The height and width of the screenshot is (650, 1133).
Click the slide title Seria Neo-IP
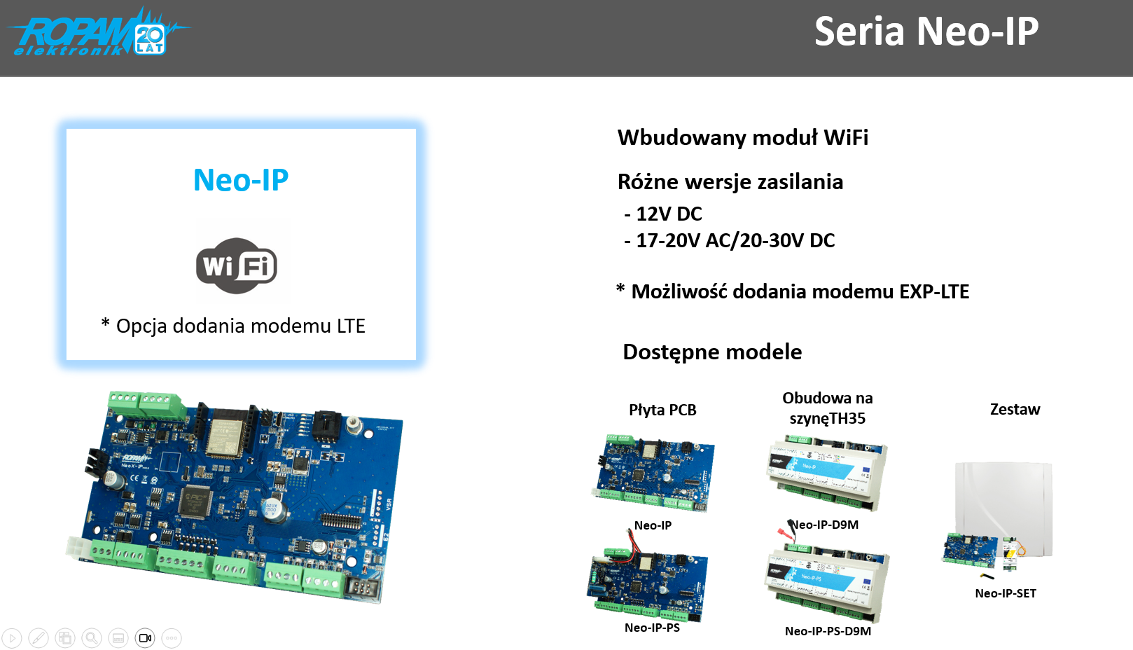(926, 32)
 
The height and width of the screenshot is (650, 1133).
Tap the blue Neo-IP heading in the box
(241, 181)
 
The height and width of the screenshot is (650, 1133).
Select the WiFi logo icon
(237, 265)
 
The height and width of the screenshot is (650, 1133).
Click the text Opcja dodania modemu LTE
(240, 326)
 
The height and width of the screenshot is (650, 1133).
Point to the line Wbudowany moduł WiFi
(742, 138)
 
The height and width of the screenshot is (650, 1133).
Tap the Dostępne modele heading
(712, 352)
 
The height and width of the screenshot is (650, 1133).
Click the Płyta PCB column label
(662, 410)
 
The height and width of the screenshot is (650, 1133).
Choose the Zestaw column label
(1015, 410)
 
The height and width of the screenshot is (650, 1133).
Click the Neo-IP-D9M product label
(825, 525)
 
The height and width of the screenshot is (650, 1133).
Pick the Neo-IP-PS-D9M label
(828, 631)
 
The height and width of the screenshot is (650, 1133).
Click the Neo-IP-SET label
(1006, 594)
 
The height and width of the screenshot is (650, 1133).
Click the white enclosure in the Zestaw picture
(1004, 504)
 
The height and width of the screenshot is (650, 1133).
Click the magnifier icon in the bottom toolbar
(92, 638)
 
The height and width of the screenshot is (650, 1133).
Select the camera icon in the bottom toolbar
(145, 638)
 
